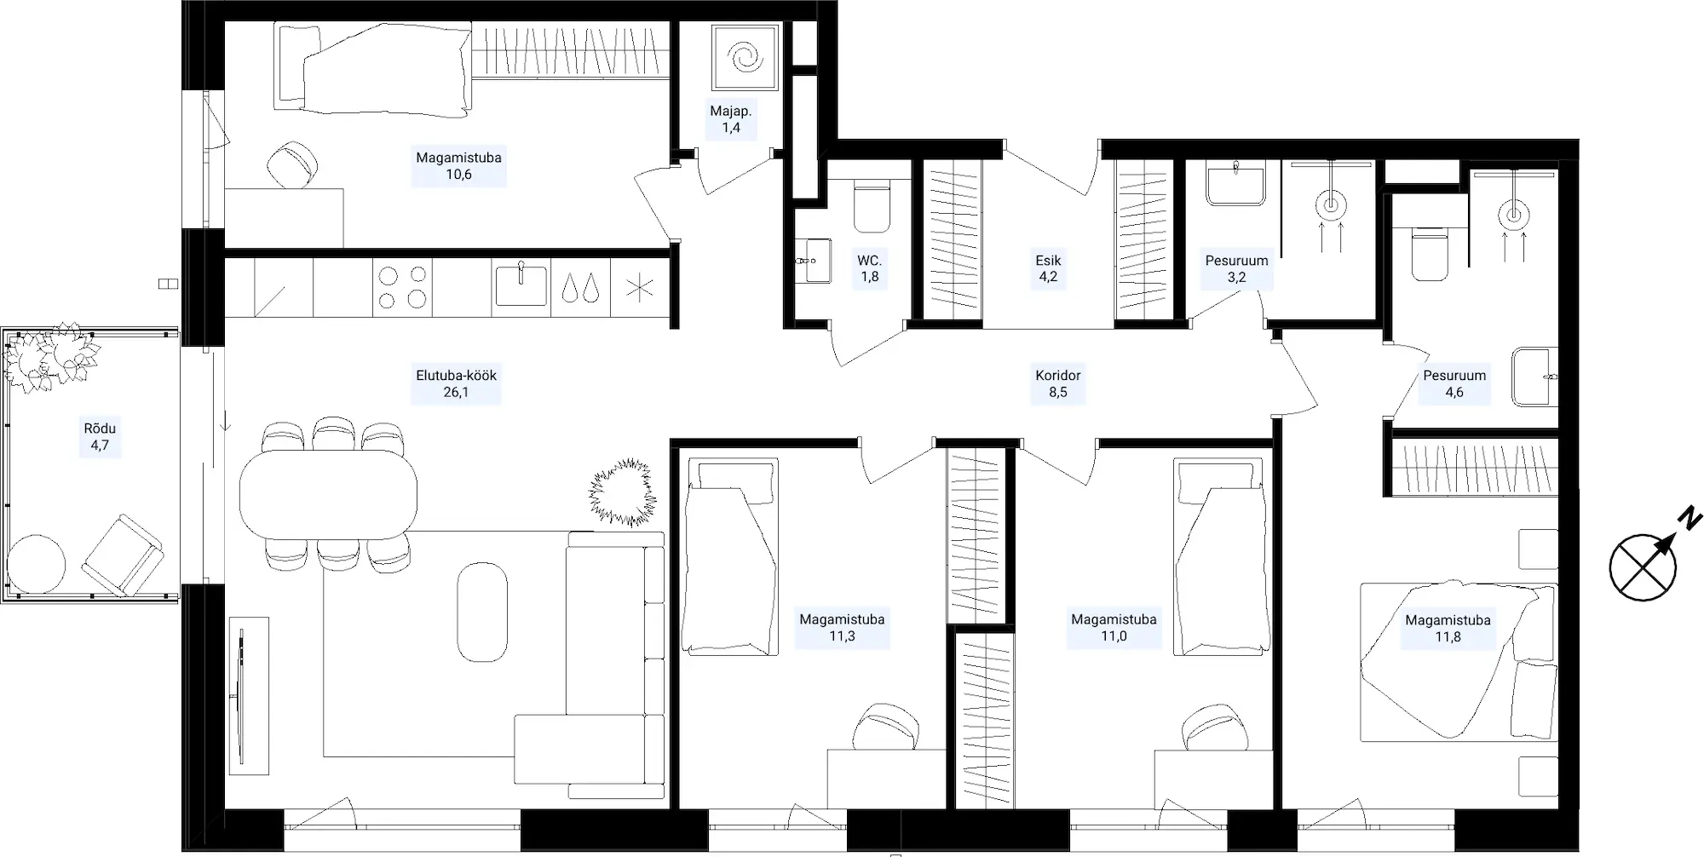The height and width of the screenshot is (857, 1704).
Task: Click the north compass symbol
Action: click(1644, 567)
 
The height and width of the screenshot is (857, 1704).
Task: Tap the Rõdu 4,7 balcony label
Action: click(100, 436)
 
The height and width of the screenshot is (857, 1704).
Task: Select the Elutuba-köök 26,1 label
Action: click(456, 383)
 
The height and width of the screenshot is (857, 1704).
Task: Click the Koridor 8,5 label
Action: click(1058, 383)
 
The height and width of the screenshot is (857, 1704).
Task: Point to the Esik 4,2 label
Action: click(1048, 268)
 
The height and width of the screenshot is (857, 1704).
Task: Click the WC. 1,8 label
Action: click(869, 268)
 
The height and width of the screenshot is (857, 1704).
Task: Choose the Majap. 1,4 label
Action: click(731, 119)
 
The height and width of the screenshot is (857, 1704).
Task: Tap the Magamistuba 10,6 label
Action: click(458, 166)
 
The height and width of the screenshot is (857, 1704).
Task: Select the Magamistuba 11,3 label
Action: click(842, 628)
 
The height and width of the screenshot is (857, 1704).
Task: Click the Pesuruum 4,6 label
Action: click(1454, 383)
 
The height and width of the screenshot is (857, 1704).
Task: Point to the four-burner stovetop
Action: click(402, 287)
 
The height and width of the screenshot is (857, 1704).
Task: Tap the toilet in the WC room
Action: click(871, 209)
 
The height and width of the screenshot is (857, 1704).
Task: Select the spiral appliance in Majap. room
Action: click(745, 56)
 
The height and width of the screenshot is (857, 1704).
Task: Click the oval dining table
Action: click(328, 494)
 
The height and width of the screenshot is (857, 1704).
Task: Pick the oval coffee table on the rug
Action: click(482, 612)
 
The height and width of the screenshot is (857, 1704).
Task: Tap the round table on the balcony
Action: click(36, 563)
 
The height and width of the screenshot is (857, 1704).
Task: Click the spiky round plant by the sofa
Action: click(623, 492)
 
